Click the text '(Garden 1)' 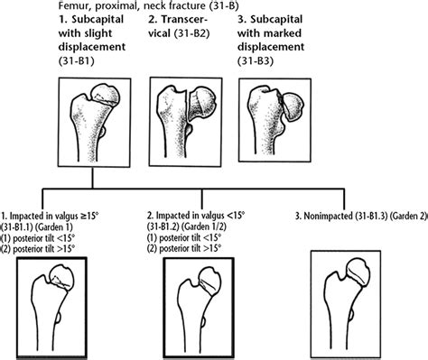coord(78,226)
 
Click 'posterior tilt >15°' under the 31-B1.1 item coord(55,249)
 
